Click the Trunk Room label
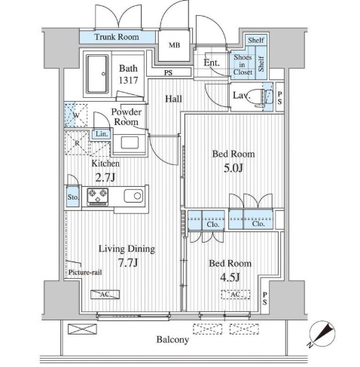pyautogui.click(x=117, y=37)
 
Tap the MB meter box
pyautogui.click(x=174, y=45)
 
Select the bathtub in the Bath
pyautogui.click(x=97, y=74)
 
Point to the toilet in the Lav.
pyautogui.click(x=258, y=97)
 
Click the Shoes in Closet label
pyautogui.click(x=243, y=65)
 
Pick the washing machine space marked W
pyautogui.click(x=76, y=115)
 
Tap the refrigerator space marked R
pyautogui.click(x=77, y=143)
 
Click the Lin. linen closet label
pyautogui.click(x=102, y=134)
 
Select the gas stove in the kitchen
pyautogui.click(x=97, y=197)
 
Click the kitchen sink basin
pyautogui.click(x=133, y=196)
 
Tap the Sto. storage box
pyautogui.click(x=73, y=197)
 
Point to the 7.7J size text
pyautogui.click(x=128, y=263)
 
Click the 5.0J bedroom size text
pyautogui.click(x=233, y=168)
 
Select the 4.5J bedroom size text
pyautogui.click(x=230, y=277)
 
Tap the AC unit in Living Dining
pyautogui.click(x=105, y=295)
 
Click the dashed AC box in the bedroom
pyautogui.click(x=236, y=295)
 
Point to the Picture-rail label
pyautogui.click(x=85, y=272)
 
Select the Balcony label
pyautogui.click(x=172, y=340)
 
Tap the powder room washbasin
pyautogui.click(x=130, y=142)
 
